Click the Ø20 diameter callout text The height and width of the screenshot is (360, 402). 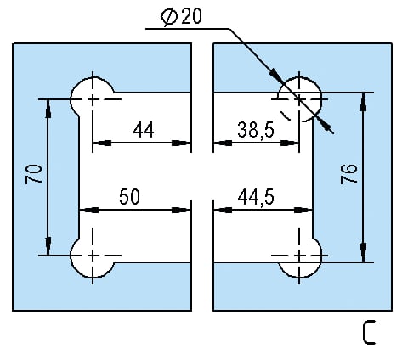coord(182,16)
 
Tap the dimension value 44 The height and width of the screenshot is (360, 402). coord(144,130)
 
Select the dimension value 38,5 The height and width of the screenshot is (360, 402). coord(256,130)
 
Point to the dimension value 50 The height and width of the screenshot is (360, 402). coord(129,197)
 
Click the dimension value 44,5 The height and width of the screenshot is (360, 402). coord(256,197)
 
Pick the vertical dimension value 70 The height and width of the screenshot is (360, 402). coord(34,174)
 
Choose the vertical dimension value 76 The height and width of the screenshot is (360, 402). coord(348,174)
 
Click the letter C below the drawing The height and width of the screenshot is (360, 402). coord(369,332)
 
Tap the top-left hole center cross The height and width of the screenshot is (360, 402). coord(93,99)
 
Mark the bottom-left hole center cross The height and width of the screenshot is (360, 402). coord(93,256)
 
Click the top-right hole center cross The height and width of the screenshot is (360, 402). coord(299,99)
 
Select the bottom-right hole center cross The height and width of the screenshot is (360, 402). coord(299,256)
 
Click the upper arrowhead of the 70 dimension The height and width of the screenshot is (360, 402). coord(48,108)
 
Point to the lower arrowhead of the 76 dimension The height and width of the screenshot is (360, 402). coord(363,252)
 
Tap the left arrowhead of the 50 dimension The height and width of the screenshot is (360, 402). coord(88,210)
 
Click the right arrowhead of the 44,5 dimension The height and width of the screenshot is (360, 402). coord(303,210)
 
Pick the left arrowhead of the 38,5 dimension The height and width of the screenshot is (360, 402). coord(223,143)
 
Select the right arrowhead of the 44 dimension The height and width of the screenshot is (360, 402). coord(181,143)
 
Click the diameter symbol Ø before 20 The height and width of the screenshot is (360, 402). coord(168,17)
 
